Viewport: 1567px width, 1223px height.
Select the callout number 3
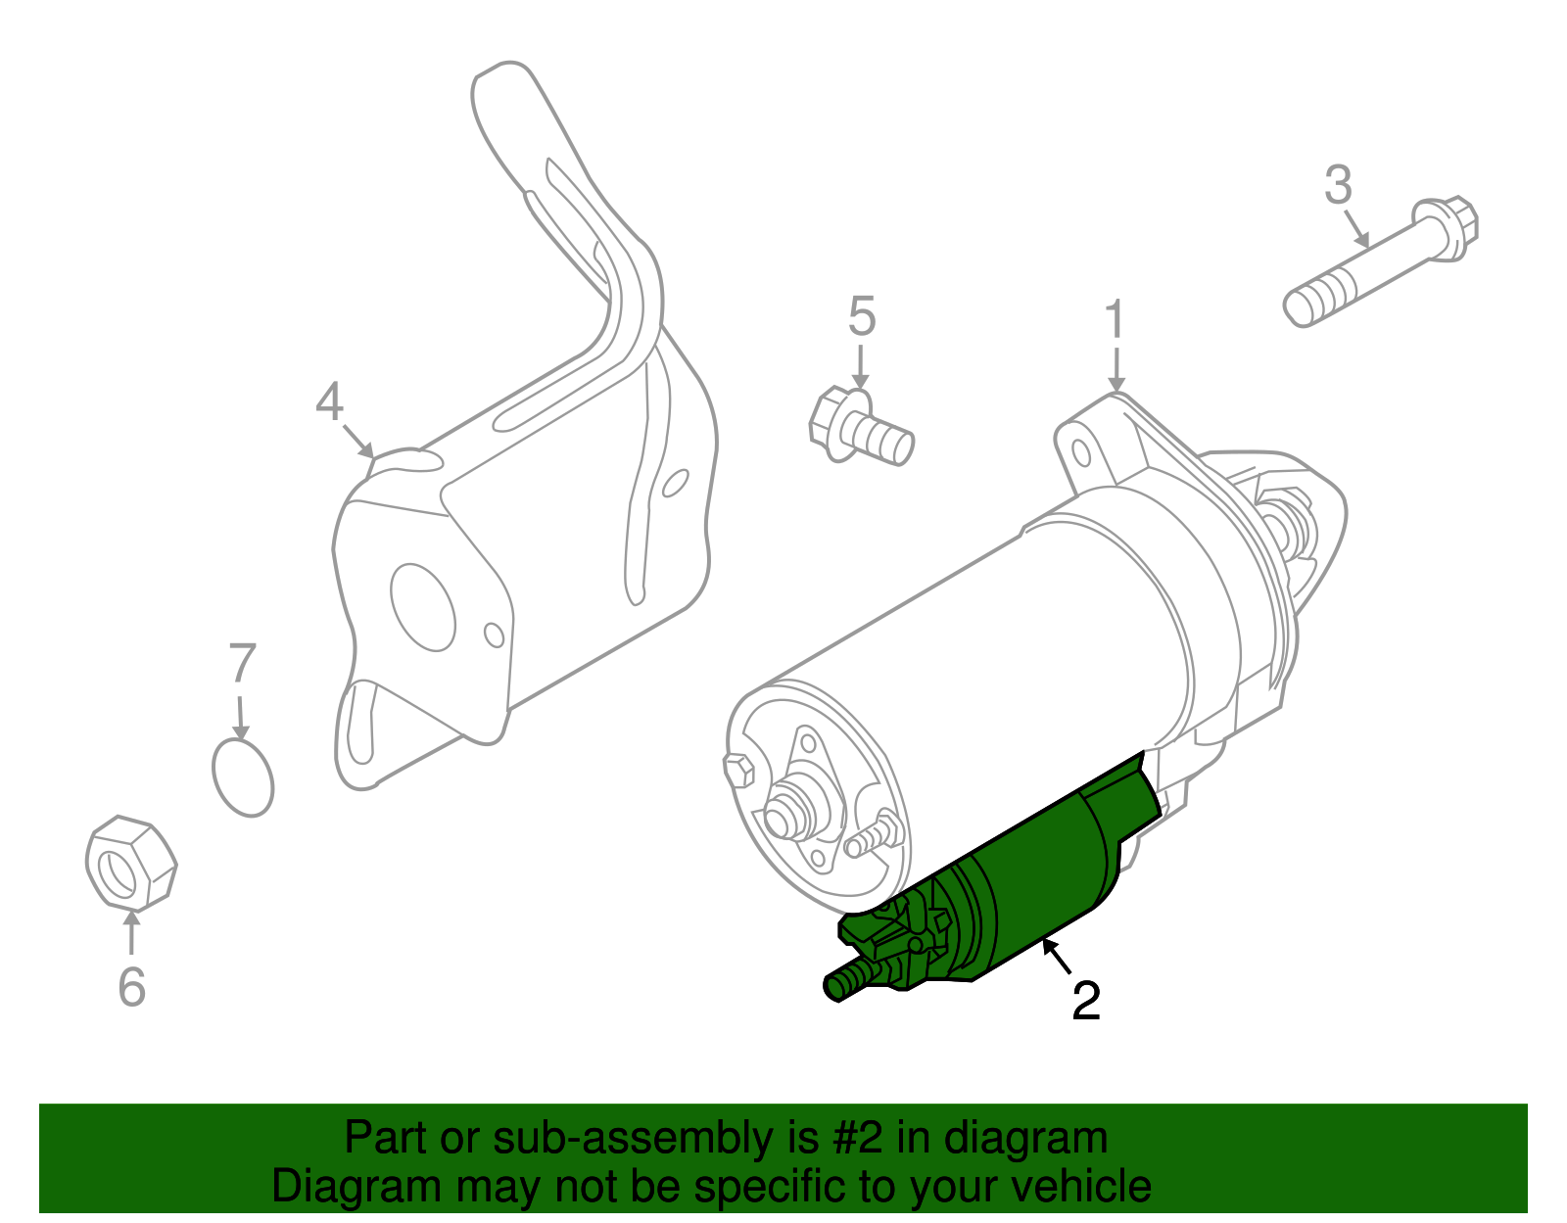pyautogui.click(x=1338, y=185)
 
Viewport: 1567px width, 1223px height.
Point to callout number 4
pyautogui.click(x=330, y=402)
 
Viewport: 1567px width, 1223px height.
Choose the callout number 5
pyautogui.click(x=861, y=316)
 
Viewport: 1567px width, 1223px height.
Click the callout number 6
pyautogui.click(x=131, y=986)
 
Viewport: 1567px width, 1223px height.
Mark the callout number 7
pyautogui.click(x=241, y=664)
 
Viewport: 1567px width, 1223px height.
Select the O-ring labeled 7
pyautogui.click(x=243, y=777)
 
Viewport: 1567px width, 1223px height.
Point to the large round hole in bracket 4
pyautogui.click(x=422, y=606)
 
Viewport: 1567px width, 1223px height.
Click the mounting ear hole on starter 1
pyautogui.click(x=1081, y=453)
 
